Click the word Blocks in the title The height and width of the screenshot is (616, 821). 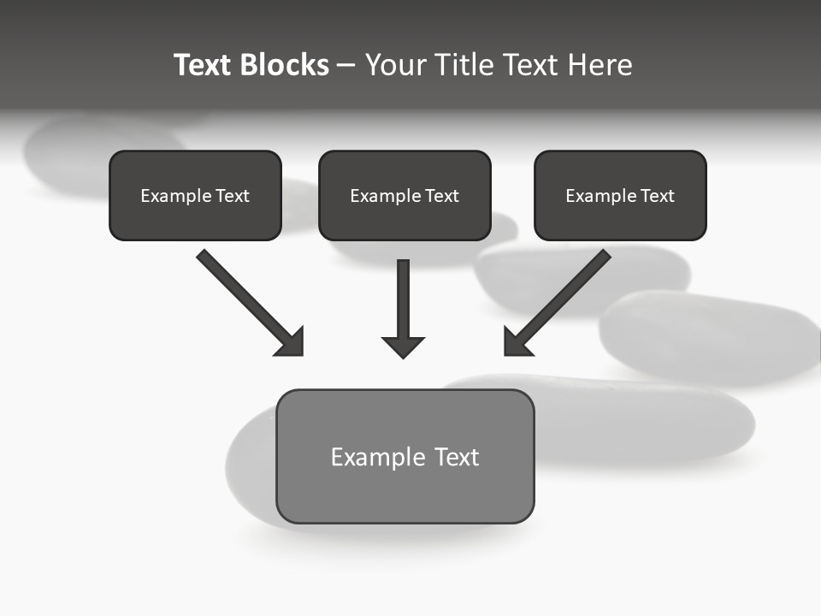click(286, 65)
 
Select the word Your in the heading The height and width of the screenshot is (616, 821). click(394, 65)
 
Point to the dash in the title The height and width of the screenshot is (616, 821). click(346, 66)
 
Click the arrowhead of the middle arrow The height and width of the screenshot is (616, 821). click(403, 346)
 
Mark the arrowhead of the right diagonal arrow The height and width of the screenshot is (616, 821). click(517, 342)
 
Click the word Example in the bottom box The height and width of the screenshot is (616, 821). click(377, 457)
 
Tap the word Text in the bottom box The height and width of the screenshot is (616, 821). click(457, 457)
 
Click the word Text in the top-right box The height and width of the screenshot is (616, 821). click(657, 196)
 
